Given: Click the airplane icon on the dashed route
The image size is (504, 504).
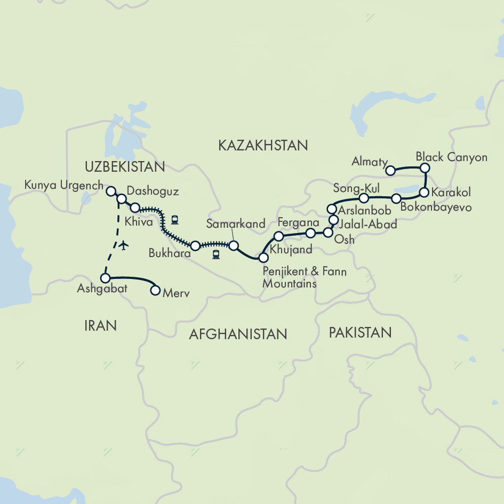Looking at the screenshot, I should (x=124, y=245).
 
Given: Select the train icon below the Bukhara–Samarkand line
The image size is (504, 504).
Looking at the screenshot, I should (x=216, y=254).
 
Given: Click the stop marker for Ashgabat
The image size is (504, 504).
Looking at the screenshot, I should (x=106, y=278).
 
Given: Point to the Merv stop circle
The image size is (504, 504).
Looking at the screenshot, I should (x=155, y=291).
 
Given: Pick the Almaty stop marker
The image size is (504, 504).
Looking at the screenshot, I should (x=390, y=171).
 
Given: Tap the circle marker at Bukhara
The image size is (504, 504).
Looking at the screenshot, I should (x=195, y=246).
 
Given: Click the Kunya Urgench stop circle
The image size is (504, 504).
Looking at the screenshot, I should (x=111, y=190).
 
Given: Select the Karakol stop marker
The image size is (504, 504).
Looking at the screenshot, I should (x=424, y=193).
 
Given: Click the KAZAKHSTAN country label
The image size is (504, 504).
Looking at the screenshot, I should (x=263, y=145).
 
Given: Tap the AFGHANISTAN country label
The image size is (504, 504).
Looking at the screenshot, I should (x=238, y=334).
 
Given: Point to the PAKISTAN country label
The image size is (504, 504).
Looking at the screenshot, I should (x=360, y=333).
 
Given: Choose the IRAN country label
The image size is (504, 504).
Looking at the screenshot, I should (x=100, y=325).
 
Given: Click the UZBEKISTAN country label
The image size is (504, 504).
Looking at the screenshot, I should (x=124, y=167).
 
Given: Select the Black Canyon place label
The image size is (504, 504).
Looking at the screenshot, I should (x=451, y=157).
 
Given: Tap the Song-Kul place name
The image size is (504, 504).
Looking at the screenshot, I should (x=356, y=187).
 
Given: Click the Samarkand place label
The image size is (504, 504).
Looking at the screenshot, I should (x=235, y=224).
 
